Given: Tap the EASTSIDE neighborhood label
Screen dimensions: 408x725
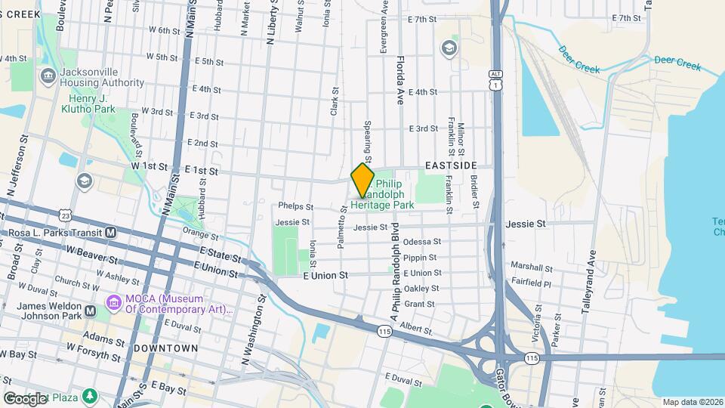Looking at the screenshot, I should pyautogui.click(x=451, y=165).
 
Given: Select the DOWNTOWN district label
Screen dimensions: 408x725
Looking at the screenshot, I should pyautogui.click(x=165, y=348).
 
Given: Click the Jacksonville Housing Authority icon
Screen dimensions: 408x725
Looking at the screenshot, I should pyautogui.click(x=48, y=74).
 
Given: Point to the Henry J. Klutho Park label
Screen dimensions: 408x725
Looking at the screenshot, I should pyautogui.click(x=92, y=104).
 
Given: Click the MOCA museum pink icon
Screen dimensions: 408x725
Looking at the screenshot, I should pyautogui.click(x=114, y=304).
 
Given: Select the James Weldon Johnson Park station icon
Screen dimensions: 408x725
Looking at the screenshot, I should pyautogui.click(x=90, y=311).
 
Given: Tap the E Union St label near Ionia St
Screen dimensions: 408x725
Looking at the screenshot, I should pyautogui.click(x=325, y=276).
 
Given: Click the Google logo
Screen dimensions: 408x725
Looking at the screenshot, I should pyautogui.click(x=25, y=398).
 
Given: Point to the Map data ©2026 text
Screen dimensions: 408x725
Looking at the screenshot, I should pyautogui.click(x=692, y=402).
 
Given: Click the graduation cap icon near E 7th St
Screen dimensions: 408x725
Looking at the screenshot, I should pyautogui.click(x=449, y=49).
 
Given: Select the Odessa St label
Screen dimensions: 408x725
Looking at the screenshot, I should pyautogui.click(x=422, y=242).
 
